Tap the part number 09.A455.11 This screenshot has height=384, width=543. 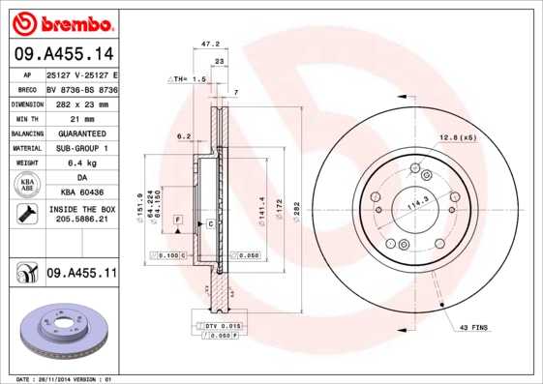coord(81,275)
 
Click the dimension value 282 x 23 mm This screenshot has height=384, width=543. coord(81,103)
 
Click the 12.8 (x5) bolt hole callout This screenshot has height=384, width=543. coord(459,137)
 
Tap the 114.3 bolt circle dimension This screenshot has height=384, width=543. coord(417,205)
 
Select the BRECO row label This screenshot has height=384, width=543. coord(26,88)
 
